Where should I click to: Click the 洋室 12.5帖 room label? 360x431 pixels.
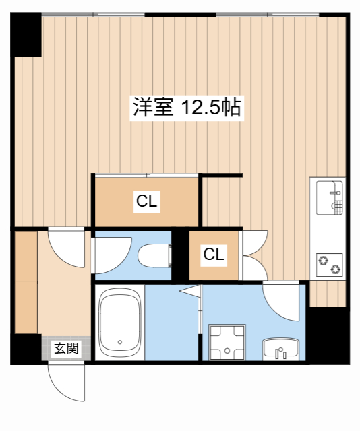pyautogui.click(x=187, y=108)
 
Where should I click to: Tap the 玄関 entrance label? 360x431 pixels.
pyautogui.click(x=66, y=349)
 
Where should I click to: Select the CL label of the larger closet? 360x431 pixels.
pyautogui.click(x=147, y=201)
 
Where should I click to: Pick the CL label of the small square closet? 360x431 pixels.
pyautogui.click(x=214, y=255)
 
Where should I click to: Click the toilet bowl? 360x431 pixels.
pyautogui.click(x=155, y=256)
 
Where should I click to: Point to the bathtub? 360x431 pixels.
pyautogui.click(x=120, y=323)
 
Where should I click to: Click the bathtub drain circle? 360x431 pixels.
pyautogui.click(x=120, y=342)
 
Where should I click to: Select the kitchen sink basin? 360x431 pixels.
pyautogui.click(x=330, y=197)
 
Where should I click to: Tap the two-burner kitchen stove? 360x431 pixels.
pyautogui.click(x=330, y=265)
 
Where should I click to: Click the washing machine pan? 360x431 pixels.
pyautogui.click(x=227, y=341)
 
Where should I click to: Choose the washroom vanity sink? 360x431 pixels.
pyautogui.click(x=280, y=349)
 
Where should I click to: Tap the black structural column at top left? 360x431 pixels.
pyautogui.click(x=26, y=34)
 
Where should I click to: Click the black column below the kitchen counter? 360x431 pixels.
pyautogui.click(x=328, y=335)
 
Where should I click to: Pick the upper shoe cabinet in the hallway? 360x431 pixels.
pyautogui.click(x=26, y=256)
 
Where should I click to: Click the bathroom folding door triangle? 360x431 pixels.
pyautogui.click(x=190, y=291)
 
